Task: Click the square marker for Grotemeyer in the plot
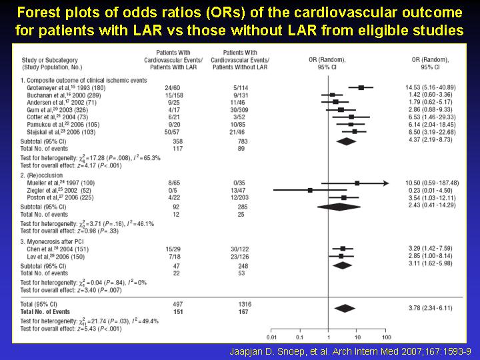(361, 88)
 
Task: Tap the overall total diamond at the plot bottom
(345, 308)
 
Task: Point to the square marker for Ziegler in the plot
(310, 190)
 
